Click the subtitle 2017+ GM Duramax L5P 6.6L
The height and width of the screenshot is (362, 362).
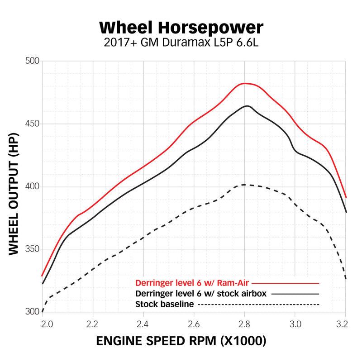pos(181,43)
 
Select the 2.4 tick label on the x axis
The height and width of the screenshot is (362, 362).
pos(143,324)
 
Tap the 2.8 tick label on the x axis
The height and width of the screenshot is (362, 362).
pos(244,324)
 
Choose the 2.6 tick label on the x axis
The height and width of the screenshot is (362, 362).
pos(194,324)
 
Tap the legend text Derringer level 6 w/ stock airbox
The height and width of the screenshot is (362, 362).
pos(200,293)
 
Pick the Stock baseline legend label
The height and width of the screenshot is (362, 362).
pos(165,304)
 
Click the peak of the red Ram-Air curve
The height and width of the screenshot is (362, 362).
pos(245,83)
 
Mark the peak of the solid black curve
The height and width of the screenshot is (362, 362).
pos(247,106)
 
